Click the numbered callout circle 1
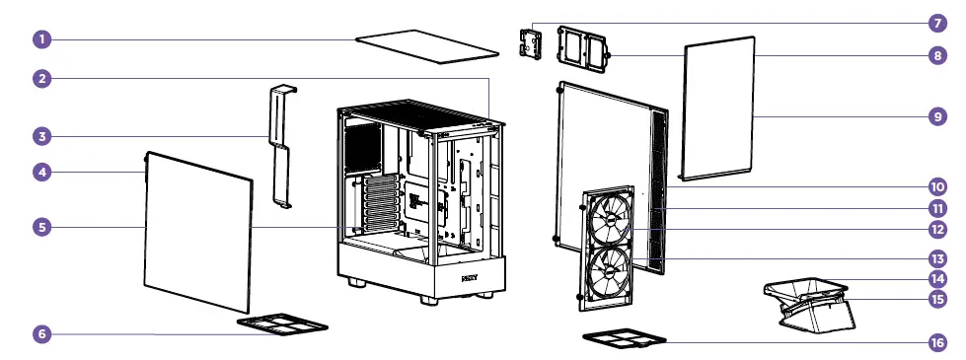pyautogui.click(x=41, y=39)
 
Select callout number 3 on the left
pyautogui.click(x=41, y=135)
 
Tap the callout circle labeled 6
pyautogui.click(x=41, y=334)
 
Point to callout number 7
pyautogui.click(x=935, y=22)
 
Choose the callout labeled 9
pyautogui.click(x=935, y=116)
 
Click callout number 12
pyautogui.click(x=935, y=231)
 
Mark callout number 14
pyautogui.click(x=935, y=278)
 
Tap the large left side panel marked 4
pyautogui.click(x=197, y=232)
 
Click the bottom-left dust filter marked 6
pyautogui.click(x=282, y=324)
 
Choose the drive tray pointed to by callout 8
pyautogui.click(x=581, y=49)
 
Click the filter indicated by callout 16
pyautogui.click(x=626, y=339)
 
